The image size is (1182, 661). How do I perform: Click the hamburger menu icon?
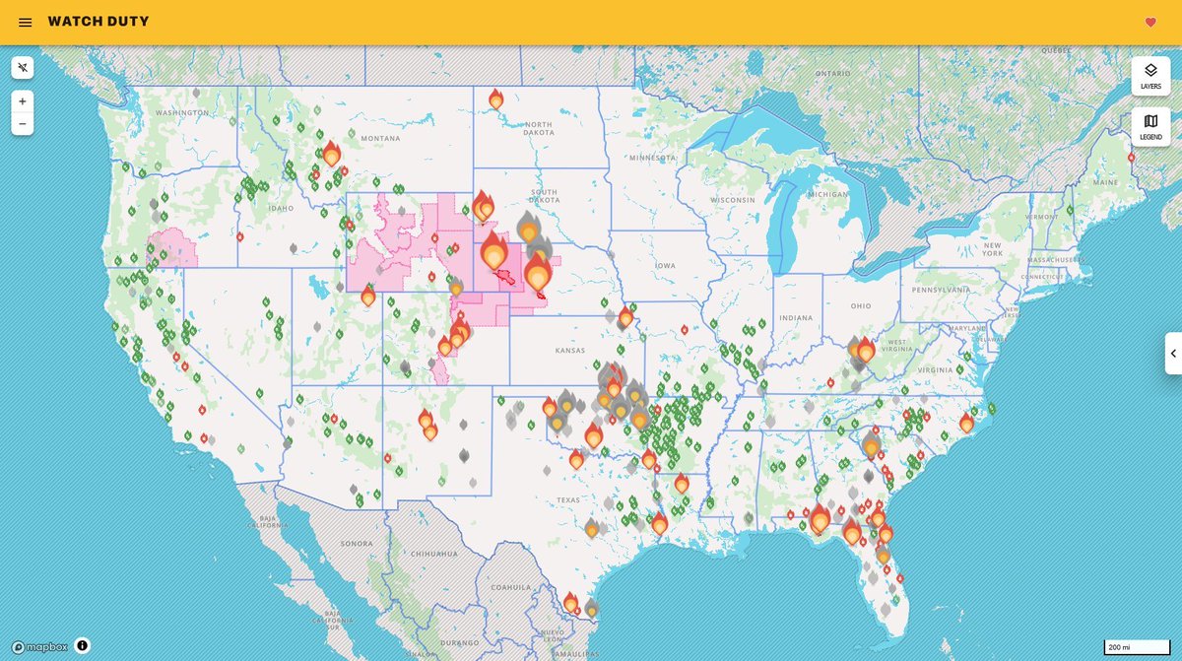(x=25, y=22)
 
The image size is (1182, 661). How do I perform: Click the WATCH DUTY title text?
(x=98, y=22)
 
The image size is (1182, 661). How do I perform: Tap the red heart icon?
(x=1149, y=22)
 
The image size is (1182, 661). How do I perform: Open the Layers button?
(x=1150, y=76)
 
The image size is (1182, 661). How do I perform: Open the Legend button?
(x=1150, y=126)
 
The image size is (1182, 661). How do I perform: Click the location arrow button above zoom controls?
(x=22, y=67)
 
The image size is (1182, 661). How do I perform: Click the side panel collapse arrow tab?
(x=1172, y=353)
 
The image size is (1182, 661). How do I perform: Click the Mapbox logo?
(x=40, y=646)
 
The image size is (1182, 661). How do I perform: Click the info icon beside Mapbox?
(x=82, y=645)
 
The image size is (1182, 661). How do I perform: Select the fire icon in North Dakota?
(x=495, y=99)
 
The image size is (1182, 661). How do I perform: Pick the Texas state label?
(x=568, y=499)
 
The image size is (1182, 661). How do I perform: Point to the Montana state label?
(x=379, y=138)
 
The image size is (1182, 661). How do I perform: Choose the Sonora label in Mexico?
(x=356, y=543)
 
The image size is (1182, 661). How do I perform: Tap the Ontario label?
(x=832, y=73)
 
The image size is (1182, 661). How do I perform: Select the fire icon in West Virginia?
(x=865, y=350)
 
